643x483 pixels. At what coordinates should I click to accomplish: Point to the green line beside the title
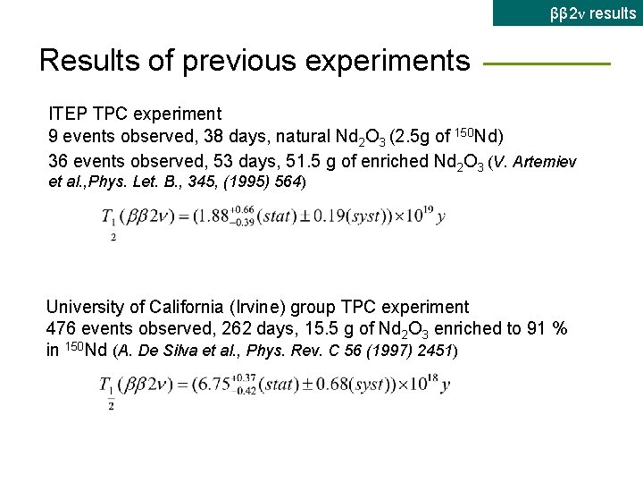click(546, 64)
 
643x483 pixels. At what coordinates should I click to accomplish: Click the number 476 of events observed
click(61, 328)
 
